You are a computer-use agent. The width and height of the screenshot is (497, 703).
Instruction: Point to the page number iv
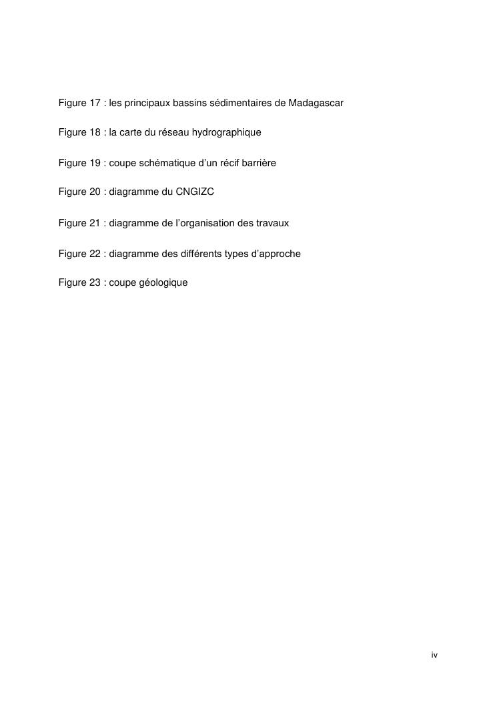[434, 655]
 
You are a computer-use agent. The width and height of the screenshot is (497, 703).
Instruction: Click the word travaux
[273, 223]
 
